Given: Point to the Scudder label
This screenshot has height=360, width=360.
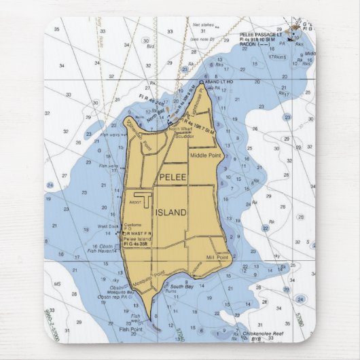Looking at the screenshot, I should (185, 136).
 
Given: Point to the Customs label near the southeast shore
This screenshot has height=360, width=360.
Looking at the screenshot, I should (196, 270).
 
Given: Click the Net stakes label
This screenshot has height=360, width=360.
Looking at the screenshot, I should (203, 24).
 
